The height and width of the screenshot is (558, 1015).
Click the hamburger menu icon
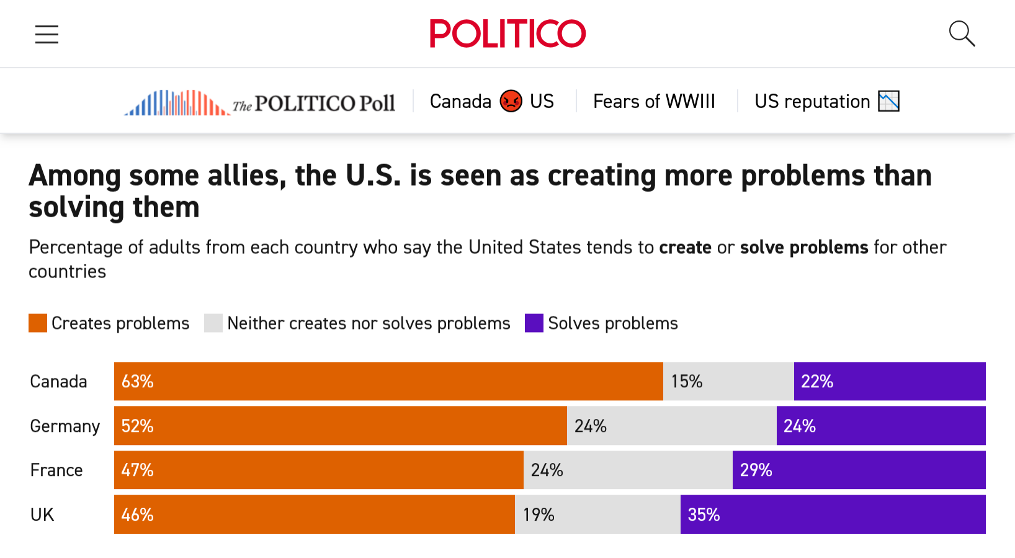47,34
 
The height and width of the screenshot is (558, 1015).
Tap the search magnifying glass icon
962,34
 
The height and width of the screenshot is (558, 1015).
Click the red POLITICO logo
507,34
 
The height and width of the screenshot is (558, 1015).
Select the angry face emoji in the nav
511,101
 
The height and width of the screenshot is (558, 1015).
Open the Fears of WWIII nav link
654,101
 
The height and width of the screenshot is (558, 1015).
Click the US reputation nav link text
812,101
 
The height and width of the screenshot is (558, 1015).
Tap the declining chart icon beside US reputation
888,101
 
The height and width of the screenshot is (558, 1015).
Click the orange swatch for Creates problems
38,323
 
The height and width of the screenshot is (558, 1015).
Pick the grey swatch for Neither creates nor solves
213,323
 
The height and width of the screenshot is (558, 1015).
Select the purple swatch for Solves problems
534,323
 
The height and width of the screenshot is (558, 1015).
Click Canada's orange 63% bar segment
388,381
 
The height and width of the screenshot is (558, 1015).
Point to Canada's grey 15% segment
728,381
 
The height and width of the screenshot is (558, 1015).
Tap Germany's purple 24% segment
881,426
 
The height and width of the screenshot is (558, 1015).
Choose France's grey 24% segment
628,470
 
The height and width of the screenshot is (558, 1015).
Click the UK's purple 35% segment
833,515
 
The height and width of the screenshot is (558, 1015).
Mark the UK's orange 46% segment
315,515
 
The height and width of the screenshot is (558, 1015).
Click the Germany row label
65,426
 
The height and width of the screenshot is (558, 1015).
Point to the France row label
56,470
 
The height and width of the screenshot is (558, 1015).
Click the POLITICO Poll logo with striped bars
259,102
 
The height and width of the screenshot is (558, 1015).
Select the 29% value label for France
756,470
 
